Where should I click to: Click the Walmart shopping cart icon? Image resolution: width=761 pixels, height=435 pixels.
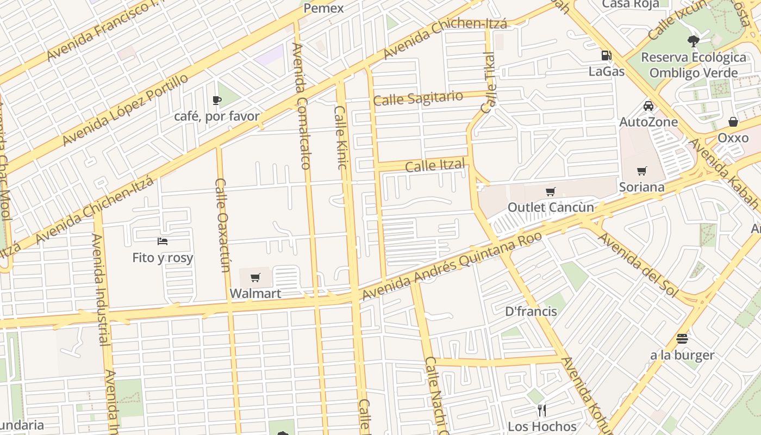pyautogui.click(x=255, y=278)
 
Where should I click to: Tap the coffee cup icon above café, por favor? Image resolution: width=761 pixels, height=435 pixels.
pyautogui.click(x=216, y=100)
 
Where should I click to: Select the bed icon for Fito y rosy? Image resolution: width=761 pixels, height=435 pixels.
pyautogui.click(x=163, y=241)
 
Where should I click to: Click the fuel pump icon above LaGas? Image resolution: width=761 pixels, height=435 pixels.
pyautogui.click(x=606, y=55)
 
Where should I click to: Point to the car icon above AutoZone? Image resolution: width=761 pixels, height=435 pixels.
pyautogui.click(x=648, y=105)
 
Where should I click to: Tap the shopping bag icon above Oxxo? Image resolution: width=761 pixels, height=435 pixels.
pyautogui.click(x=733, y=121)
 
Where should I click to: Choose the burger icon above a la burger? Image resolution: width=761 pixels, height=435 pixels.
pyautogui.click(x=682, y=339)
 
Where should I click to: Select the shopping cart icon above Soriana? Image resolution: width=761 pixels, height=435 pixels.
pyautogui.click(x=641, y=171)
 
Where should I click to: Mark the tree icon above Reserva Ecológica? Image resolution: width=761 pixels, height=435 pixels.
pyautogui.click(x=693, y=40)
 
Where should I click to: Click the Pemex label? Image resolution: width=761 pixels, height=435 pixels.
pyautogui.click(x=323, y=8)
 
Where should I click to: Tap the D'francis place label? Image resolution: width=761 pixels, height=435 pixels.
pyautogui.click(x=531, y=312)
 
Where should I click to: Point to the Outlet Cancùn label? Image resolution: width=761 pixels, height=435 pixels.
pyautogui.click(x=551, y=207)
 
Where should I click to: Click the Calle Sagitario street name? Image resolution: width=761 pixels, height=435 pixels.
pyautogui.click(x=418, y=99)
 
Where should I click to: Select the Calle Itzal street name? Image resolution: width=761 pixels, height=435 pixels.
pyautogui.click(x=435, y=165)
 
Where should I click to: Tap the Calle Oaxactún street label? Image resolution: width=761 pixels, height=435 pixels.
pyautogui.click(x=223, y=225)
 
